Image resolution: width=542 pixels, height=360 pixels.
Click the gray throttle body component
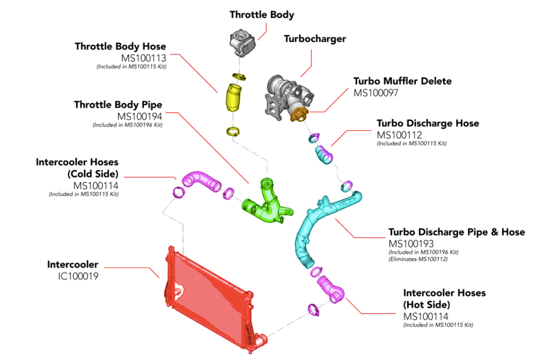pyautogui.click(x=242, y=43)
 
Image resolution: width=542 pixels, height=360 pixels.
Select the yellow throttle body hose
pyautogui.click(x=234, y=97)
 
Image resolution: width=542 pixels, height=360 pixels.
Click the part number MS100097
pyautogui.click(x=376, y=93)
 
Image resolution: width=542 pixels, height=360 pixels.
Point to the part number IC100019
pyautogui.click(x=78, y=276)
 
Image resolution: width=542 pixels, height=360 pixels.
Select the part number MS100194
pyautogui.click(x=140, y=116)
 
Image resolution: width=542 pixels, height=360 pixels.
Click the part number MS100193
pyautogui.click(x=411, y=244)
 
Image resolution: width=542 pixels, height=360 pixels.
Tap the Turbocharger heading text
pyautogui.click(x=315, y=39)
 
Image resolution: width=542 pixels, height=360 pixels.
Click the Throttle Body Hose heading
pyautogui.click(x=120, y=46)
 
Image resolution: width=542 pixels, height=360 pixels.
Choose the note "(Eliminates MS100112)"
pyautogui.click(x=418, y=259)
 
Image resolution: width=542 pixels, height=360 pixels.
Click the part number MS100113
pyautogui.click(x=143, y=58)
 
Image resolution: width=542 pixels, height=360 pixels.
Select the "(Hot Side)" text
pyautogui.click(x=427, y=305)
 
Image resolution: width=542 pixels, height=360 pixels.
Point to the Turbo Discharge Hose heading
pyautogui.click(x=428, y=123)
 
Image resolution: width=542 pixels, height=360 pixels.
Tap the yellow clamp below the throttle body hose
pyautogui.click(x=233, y=131)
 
